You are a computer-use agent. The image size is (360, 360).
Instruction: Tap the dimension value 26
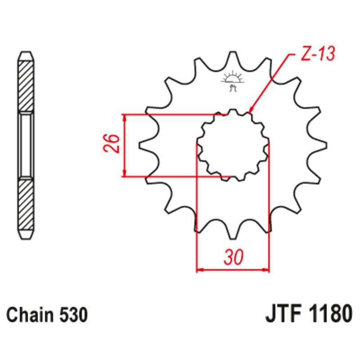(x=113, y=144)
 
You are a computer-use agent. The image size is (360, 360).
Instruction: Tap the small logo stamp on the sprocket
(x=233, y=81)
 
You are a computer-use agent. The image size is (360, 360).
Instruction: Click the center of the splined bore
(x=233, y=144)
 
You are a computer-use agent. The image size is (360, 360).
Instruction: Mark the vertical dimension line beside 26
(x=125, y=144)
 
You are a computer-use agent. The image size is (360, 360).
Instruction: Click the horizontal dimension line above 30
(x=233, y=270)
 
